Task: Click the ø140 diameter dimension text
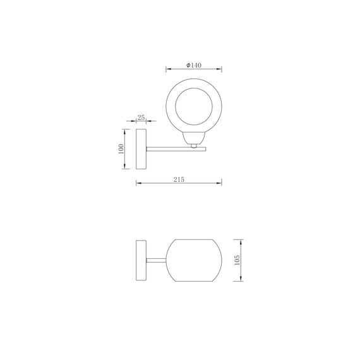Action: click(x=194, y=66)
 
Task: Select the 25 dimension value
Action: click(x=141, y=118)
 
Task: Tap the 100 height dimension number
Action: click(x=121, y=150)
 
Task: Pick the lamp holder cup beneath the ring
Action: click(x=194, y=139)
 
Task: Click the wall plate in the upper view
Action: click(x=141, y=150)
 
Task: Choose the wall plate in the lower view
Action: click(x=141, y=260)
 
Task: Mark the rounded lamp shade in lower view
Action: click(x=195, y=260)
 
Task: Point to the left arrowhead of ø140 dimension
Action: click(x=167, y=69)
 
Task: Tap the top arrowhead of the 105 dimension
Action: click(x=242, y=241)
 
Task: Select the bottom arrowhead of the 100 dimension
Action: click(x=124, y=169)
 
